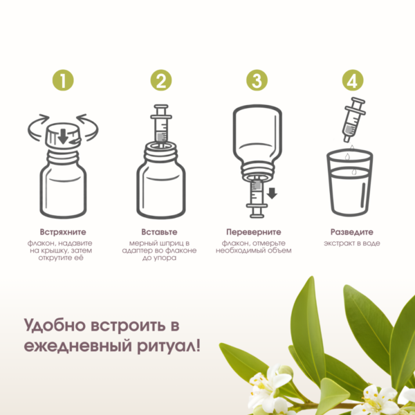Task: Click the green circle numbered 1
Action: (x=63, y=80)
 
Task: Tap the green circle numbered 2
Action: (x=161, y=80)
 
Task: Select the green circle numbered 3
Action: (x=257, y=80)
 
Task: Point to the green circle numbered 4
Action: (x=353, y=80)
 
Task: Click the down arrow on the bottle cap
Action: (x=63, y=136)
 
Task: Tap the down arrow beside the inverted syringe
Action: (x=272, y=193)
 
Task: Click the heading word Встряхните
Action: (x=63, y=232)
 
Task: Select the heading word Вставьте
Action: (x=159, y=232)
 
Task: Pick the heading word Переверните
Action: (x=254, y=232)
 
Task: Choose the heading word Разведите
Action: (x=352, y=232)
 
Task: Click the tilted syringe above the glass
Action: (x=353, y=120)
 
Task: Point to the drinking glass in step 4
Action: (x=349, y=183)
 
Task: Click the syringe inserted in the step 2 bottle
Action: (x=161, y=124)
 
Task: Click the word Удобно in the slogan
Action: (x=57, y=326)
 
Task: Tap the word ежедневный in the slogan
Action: (x=77, y=346)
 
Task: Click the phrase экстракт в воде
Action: (x=352, y=243)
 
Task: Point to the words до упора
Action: (x=159, y=258)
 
